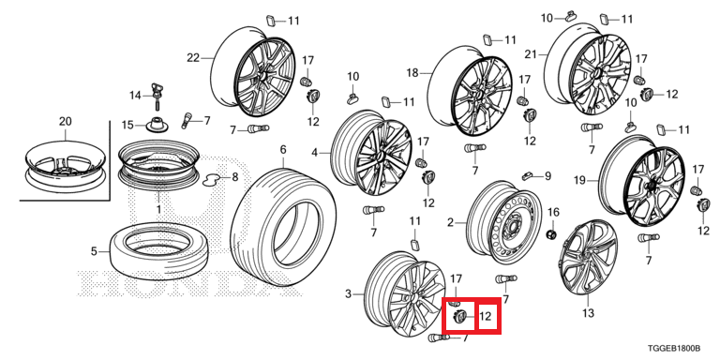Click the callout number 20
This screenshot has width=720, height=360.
click(x=66, y=122)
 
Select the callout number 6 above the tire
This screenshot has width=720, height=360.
click(x=283, y=150)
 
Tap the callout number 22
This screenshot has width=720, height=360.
click(x=193, y=58)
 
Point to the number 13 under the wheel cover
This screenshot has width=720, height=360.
click(x=588, y=314)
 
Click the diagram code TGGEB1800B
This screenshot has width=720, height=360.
click(x=674, y=349)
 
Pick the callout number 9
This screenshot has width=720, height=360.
click(x=547, y=175)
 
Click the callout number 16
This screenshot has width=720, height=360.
click(x=554, y=212)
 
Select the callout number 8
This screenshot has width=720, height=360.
click(x=235, y=176)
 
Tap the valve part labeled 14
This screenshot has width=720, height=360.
click(x=157, y=95)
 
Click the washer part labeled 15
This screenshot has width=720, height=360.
click(x=157, y=125)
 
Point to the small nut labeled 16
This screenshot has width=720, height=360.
click(x=552, y=234)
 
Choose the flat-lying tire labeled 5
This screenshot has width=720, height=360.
click(x=158, y=250)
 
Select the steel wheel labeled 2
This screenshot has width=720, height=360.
click(x=503, y=222)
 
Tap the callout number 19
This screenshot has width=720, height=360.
click(x=579, y=180)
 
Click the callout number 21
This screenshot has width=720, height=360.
click(x=531, y=54)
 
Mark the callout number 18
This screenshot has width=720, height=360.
click(x=412, y=72)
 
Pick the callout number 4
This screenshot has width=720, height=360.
click(x=315, y=152)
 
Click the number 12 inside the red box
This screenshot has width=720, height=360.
click(x=486, y=316)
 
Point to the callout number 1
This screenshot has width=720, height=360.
click(x=158, y=209)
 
